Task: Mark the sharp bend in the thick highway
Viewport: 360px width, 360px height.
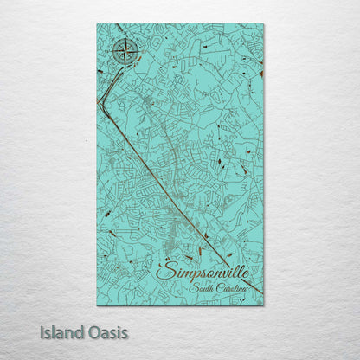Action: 103,101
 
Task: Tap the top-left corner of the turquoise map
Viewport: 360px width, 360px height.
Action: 98,25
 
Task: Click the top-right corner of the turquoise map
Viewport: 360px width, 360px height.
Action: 263,25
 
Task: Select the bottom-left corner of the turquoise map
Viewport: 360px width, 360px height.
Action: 98,305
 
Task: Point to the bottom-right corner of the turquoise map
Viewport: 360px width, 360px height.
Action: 263,305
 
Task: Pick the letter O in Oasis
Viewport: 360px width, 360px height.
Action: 95,331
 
